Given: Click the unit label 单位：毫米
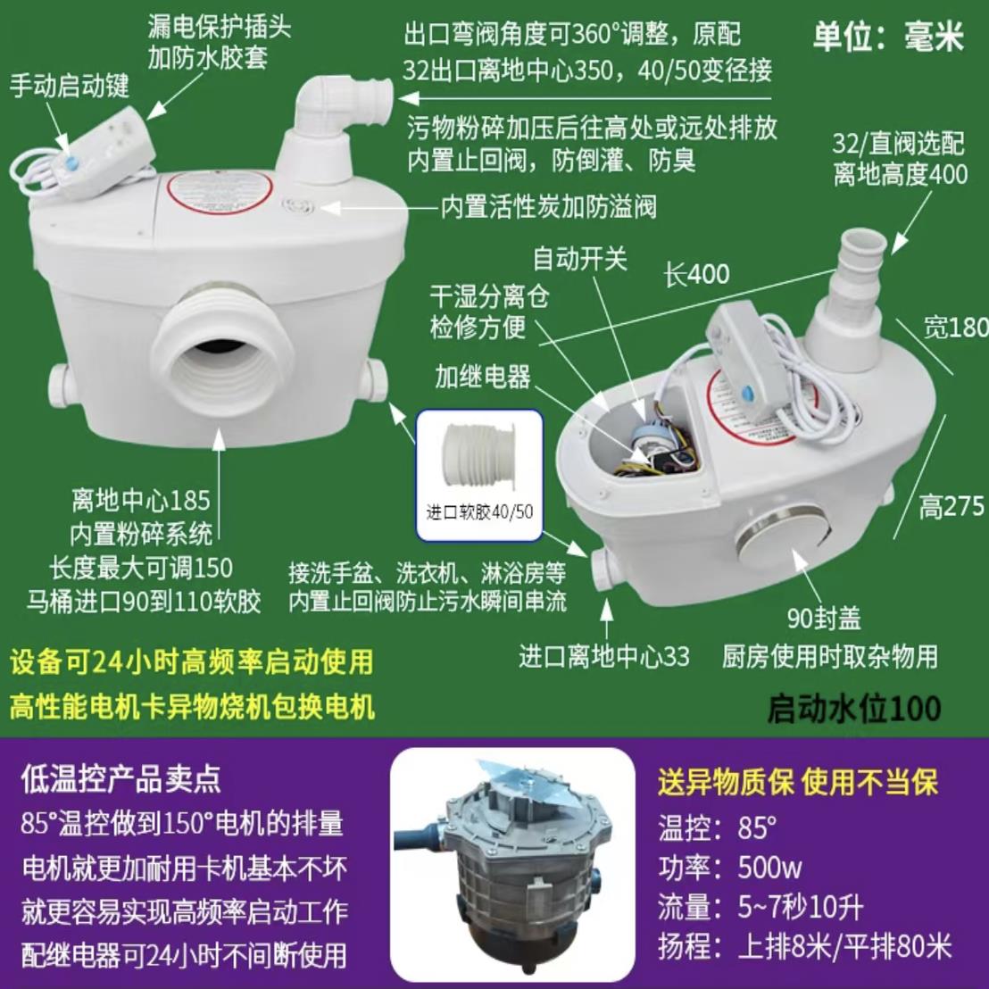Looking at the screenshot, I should pyautogui.click(x=888, y=38).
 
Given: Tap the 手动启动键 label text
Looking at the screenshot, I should pyautogui.click(x=70, y=86).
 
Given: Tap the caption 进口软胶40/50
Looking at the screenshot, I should pyautogui.click(x=479, y=511).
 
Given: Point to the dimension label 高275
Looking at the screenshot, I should pyautogui.click(x=952, y=507).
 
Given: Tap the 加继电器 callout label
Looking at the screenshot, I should pyautogui.click(x=483, y=376).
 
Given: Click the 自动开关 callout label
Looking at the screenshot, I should pyautogui.click(x=579, y=259).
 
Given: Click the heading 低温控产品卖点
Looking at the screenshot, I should pyautogui.click(x=120, y=779).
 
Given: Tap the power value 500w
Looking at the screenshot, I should pyautogui.click(x=769, y=867).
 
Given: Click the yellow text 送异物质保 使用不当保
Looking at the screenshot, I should pyautogui.click(x=797, y=783).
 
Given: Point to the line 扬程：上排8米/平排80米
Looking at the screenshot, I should pyautogui.click(x=803, y=945).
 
